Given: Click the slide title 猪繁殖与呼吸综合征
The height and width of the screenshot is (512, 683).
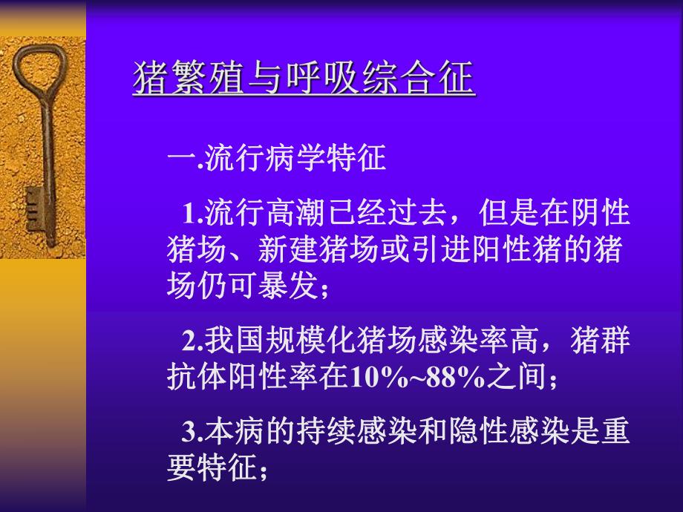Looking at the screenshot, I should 303,79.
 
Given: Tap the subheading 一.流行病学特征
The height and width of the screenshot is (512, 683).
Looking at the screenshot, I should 277,158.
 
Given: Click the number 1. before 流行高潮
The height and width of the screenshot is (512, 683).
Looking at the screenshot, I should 192,214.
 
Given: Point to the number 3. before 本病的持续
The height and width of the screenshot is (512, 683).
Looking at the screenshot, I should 192,432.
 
